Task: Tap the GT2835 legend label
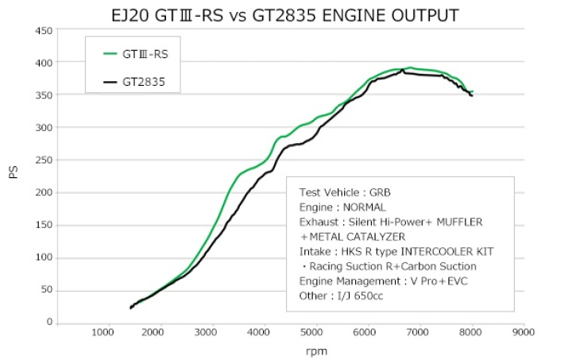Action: tap(144, 81)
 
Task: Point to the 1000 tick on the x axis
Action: tap(102, 333)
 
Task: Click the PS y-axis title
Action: tap(14, 172)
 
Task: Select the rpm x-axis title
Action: tap(316, 350)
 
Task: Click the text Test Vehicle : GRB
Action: tap(344, 192)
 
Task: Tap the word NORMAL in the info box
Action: tap(364, 207)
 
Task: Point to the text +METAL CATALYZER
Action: tap(353, 236)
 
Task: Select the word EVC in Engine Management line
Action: tap(466, 281)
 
